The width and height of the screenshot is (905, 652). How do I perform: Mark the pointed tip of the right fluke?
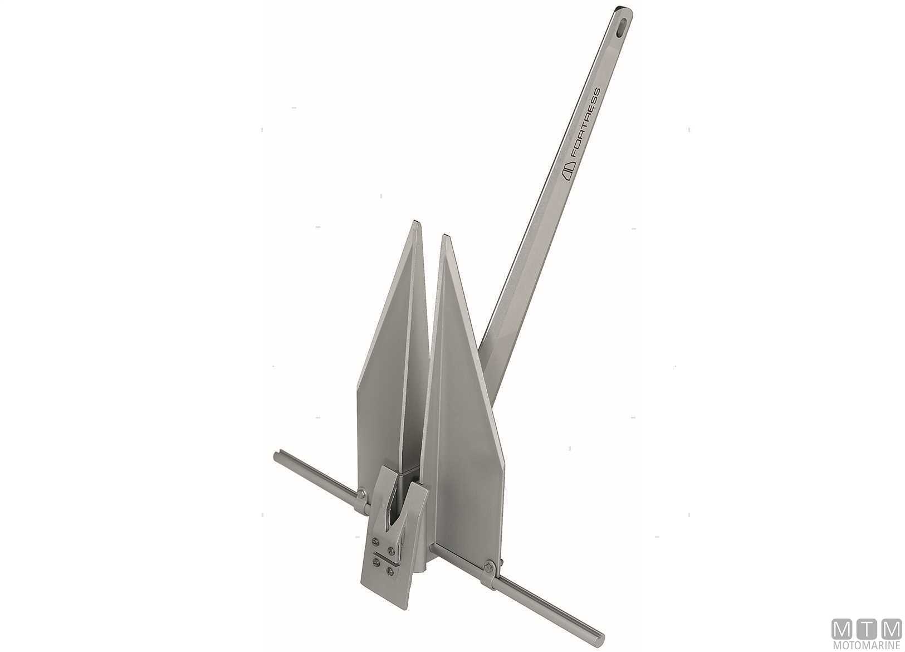click(444, 236)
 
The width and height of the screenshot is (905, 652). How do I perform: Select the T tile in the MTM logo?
click(866, 629)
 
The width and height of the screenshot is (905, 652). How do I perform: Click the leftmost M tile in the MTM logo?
click(842, 629)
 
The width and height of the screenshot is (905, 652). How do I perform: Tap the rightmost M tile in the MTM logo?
click(890, 629)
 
